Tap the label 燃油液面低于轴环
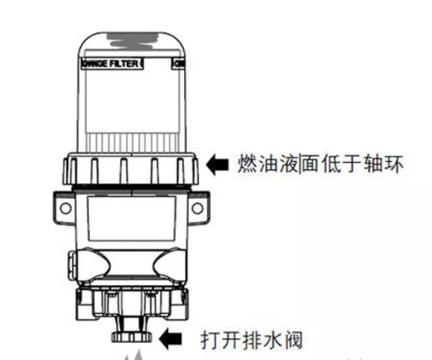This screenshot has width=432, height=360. (319, 162)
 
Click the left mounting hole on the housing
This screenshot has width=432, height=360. (64, 211)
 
